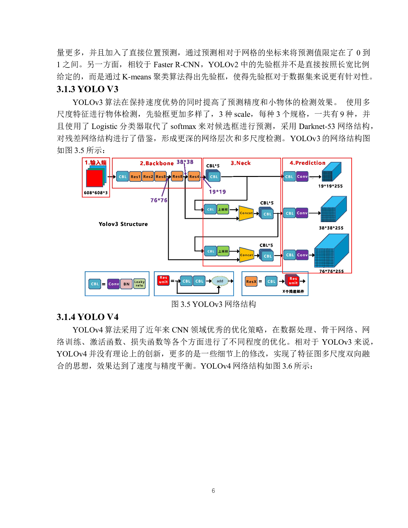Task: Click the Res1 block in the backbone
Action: tap(135, 177)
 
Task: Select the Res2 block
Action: tap(148, 177)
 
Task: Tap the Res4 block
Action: tap(194, 176)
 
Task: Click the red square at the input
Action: tap(94, 178)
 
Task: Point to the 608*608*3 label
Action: tap(96, 193)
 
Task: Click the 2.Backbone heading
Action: tap(156, 163)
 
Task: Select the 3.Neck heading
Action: tap(241, 163)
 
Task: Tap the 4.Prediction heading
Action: tap(308, 163)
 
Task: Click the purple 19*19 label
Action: tap(217, 192)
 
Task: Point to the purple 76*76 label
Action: tap(159, 200)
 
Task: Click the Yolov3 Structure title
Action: tap(123, 224)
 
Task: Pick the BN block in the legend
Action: tap(126, 284)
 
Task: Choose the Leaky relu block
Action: tap(139, 284)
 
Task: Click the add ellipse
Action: tap(220, 281)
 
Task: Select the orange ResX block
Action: tap(251, 282)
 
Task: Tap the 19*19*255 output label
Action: tap(330, 186)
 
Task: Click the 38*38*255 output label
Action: tap(331, 228)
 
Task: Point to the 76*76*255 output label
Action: tap(331, 271)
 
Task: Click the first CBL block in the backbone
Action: tap(123, 177)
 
